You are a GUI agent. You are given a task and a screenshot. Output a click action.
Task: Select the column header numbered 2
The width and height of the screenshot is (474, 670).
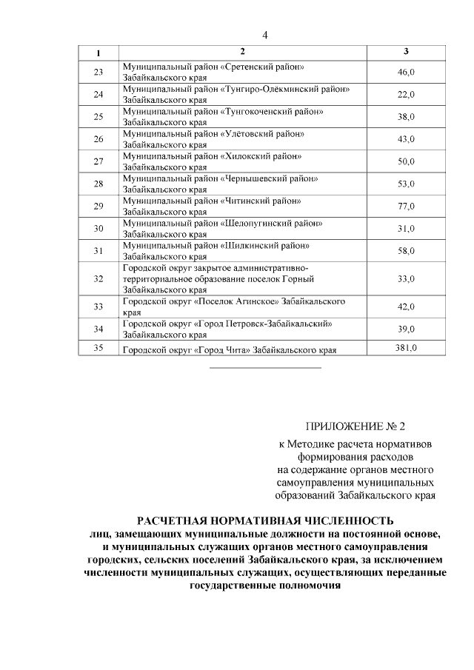click(x=242, y=52)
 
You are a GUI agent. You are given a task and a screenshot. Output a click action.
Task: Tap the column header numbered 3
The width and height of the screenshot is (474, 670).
click(x=406, y=52)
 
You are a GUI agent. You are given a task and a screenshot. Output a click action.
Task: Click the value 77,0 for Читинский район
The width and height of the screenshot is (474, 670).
click(x=406, y=206)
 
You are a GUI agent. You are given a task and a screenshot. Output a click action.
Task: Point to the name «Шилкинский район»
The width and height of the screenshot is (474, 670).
click(x=264, y=245)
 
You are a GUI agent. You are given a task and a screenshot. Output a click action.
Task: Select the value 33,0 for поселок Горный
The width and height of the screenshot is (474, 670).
click(x=406, y=279)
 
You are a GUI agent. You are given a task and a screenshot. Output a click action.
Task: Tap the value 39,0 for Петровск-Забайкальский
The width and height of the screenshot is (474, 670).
click(x=406, y=329)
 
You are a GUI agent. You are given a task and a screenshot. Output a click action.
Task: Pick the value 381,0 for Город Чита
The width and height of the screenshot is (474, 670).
click(x=406, y=349)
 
